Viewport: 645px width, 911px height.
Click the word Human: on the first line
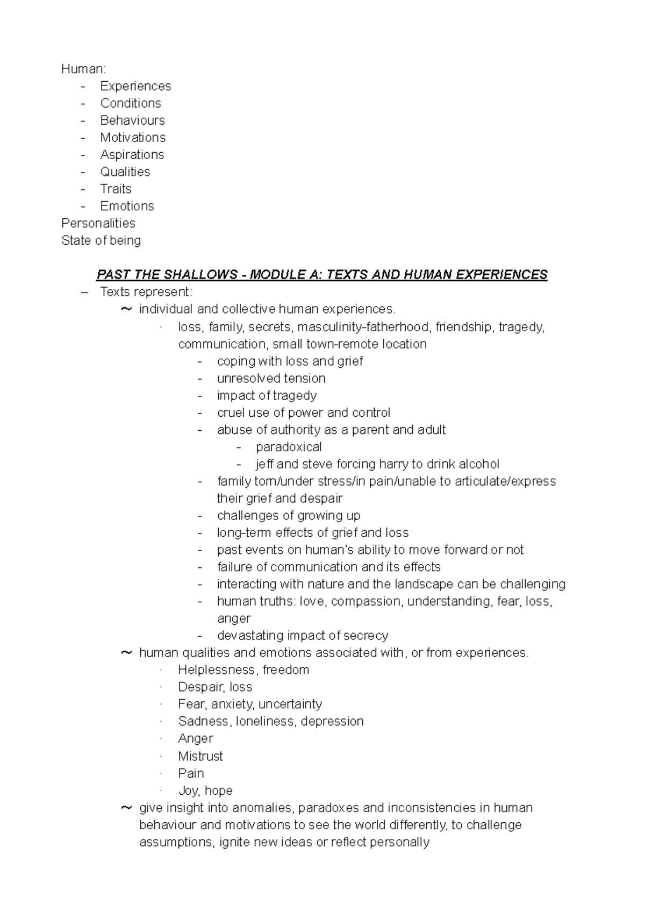pos(84,69)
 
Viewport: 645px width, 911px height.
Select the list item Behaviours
pos(132,120)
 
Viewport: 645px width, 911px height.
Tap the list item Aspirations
pos(132,155)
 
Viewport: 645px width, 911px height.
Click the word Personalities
pos(98,223)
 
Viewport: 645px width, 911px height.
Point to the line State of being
pos(101,240)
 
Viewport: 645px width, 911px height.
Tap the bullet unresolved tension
pos(271,379)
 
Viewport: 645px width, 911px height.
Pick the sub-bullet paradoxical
pos(289,447)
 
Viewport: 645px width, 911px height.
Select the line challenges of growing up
pos(289,516)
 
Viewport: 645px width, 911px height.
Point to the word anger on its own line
pos(234,618)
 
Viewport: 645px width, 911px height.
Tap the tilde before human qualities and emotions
pos(126,652)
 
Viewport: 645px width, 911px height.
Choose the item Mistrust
pos(200,756)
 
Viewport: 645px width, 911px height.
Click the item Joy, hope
pos(205,791)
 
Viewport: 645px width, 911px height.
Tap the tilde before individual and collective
pos(126,309)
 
